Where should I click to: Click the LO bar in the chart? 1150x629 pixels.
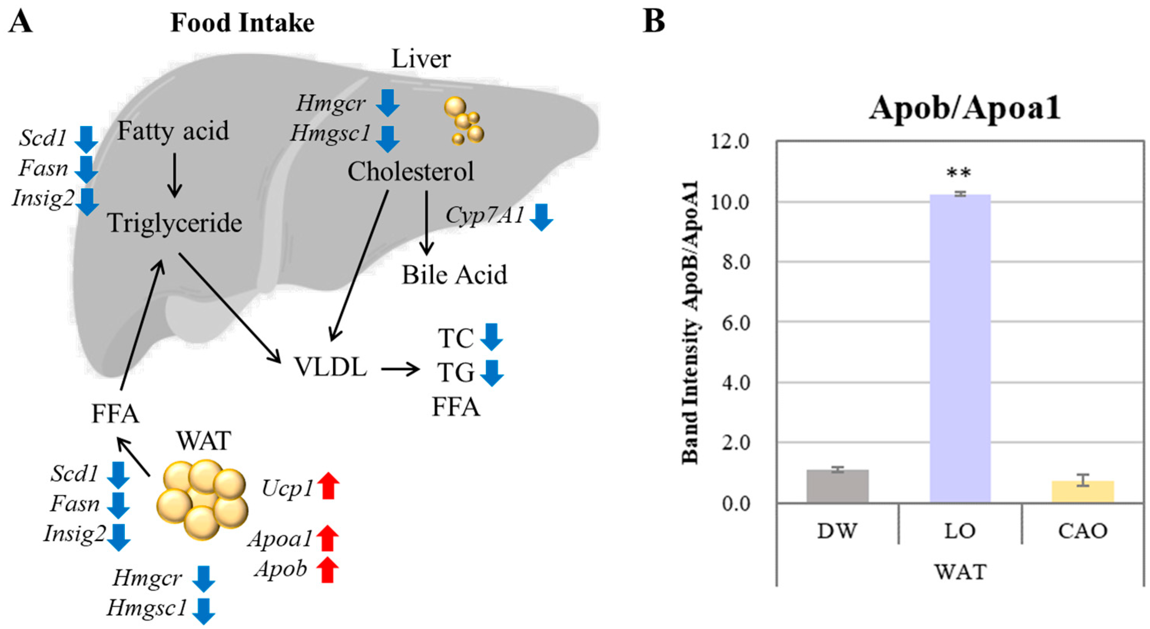point(960,348)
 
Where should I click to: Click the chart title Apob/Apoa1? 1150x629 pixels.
point(964,108)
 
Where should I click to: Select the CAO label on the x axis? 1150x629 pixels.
point(1082,531)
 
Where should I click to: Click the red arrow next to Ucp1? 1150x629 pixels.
point(328,485)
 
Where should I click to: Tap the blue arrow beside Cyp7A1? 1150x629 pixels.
point(542,217)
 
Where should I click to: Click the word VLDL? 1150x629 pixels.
point(330,367)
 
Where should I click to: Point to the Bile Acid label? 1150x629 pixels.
point(454,275)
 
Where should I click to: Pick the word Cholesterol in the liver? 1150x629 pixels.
point(411,171)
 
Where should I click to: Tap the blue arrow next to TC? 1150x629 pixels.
point(492,337)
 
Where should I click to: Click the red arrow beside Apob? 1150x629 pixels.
point(327,569)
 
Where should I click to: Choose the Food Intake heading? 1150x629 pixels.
point(242,23)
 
